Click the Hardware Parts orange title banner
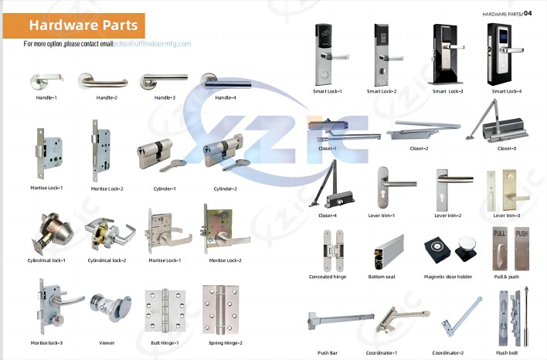pyautogui.click(x=73, y=25)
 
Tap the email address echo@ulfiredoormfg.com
pyautogui.click(x=152, y=44)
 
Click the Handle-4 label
pyautogui.click(x=226, y=97)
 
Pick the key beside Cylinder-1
pyautogui.click(x=173, y=165)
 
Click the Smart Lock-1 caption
pyautogui.click(x=328, y=91)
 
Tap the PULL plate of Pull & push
pyautogui.click(x=500, y=249)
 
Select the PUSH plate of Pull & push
pyautogui.click(x=522, y=249)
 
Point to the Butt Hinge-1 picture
pyautogui.click(x=165, y=311)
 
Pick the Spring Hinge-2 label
pyautogui.click(x=226, y=343)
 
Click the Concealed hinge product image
pyautogui.click(x=333, y=250)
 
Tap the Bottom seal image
pyautogui.click(x=389, y=252)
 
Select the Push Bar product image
pyautogui.click(x=341, y=321)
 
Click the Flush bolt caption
pyautogui.click(x=507, y=353)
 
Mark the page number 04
pyautogui.click(x=528, y=13)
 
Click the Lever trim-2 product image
pyautogui.click(x=453, y=190)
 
